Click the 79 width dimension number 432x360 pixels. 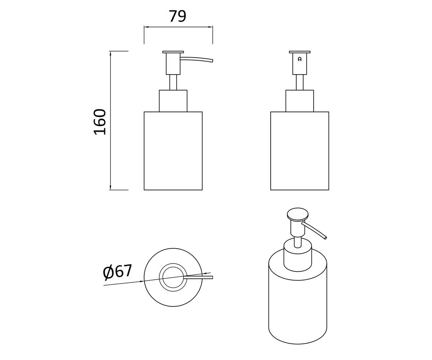(x=178, y=16)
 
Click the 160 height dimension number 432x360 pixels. (x=100, y=122)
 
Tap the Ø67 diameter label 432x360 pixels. (x=117, y=272)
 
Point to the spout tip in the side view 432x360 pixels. (x=212, y=60)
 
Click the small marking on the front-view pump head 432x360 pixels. (x=300, y=59)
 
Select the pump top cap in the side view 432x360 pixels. (x=173, y=52)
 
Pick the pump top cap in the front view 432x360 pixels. (x=300, y=52)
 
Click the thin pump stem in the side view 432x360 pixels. (x=173, y=82)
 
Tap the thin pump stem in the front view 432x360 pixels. (x=300, y=82)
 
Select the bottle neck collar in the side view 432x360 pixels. (x=173, y=101)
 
